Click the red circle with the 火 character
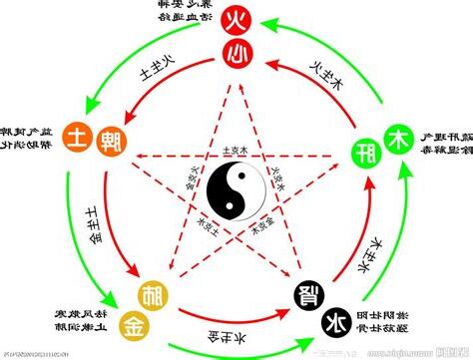tap(236, 19)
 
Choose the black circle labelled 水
tap(335, 321)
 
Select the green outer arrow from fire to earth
tap(130, 55)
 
